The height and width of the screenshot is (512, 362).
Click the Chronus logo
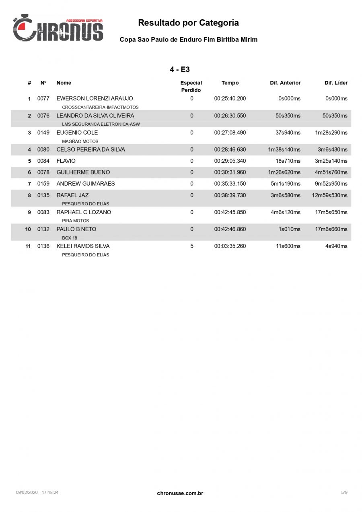tap(58, 28)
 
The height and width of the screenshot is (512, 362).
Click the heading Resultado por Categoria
tap(188, 23)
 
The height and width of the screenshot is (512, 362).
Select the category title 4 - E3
tap(180, 70)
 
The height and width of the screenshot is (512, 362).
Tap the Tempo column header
tap(230, 83)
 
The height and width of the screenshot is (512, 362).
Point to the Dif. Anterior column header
tap(285, 83)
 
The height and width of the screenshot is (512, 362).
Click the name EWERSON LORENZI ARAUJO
tap(95, 98)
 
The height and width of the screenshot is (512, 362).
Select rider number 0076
tap(43, 116)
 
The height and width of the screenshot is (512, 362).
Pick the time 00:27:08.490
tap(230, 133)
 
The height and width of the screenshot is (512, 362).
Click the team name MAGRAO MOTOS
tap(80, 141)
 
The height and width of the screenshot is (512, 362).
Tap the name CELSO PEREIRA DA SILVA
tap(90, 150)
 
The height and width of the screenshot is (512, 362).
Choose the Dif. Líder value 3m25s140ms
tap(331, 161)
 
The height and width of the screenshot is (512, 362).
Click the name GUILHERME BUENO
tap(83, 172)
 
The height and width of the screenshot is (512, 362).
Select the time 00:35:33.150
tap(230, 184)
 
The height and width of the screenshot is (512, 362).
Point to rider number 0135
tap(43, 195)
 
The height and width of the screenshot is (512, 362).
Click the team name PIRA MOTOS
tap(76, 221)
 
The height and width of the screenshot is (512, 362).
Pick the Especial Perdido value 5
tap(192, 246)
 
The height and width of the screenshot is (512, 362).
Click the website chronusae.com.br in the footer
tap(180, 493)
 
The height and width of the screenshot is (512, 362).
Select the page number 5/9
tap(344, 492)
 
